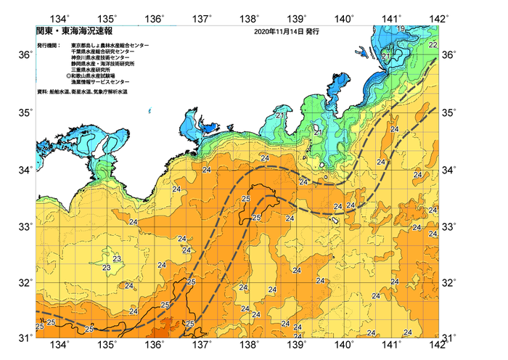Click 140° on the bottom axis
click(x=344, y=345)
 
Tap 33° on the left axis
click(x=25, y=227)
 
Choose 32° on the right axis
click(x=450, y=282)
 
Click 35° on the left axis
click(x=25, y=113)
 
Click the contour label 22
click(x=433, y=45)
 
